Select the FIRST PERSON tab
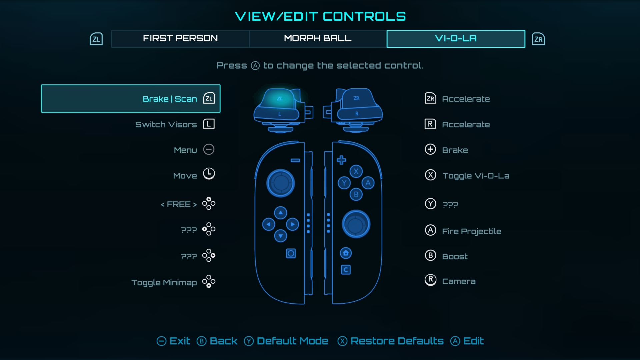point(180,39)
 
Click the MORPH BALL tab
point(318,39)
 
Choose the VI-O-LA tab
point(456,39)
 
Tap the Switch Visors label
point(166,125)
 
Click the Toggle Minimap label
point(164,283)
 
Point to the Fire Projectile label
point(471,231)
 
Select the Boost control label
point(455,256)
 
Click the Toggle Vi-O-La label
point(476,176)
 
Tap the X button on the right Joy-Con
point(356,171)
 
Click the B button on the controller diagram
point(356,194)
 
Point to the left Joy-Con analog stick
point(281,183)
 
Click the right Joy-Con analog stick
point(356,224)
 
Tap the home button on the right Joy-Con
point(346,253)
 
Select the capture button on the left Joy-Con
point(291,254)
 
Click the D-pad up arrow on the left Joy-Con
point(281,213)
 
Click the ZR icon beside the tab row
point(538,39)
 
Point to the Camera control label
point(459,281)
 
